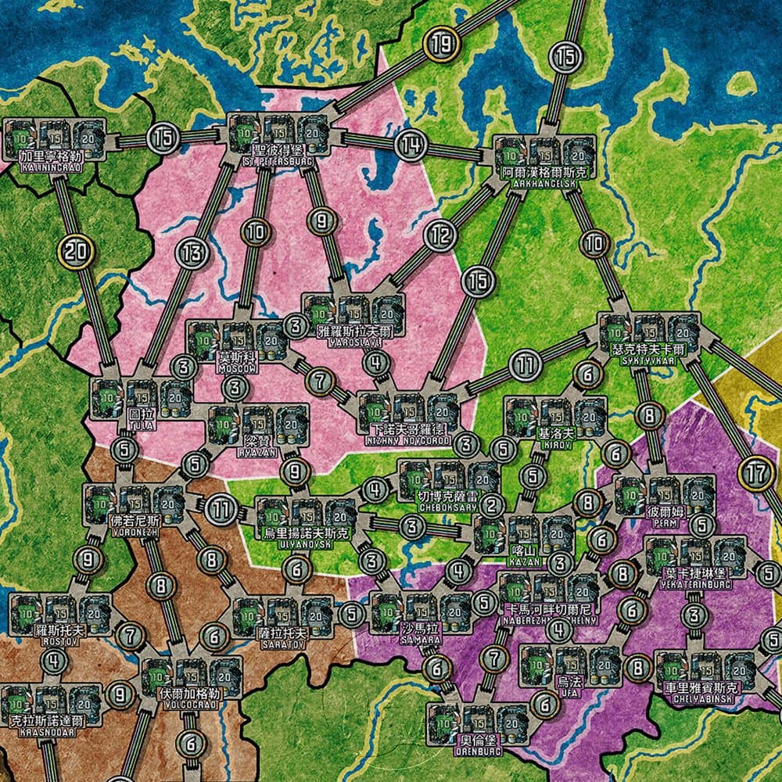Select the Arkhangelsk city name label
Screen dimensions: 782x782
544,177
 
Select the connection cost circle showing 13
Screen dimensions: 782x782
191,252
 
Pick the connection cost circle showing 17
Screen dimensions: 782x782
755,473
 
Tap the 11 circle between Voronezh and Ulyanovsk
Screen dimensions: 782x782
222,509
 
